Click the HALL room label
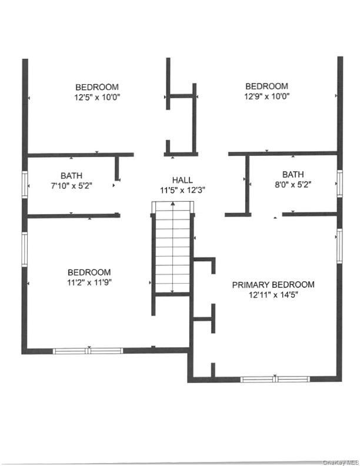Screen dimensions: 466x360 click(182, 180)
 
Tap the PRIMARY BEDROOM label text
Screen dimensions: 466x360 click(273, 285)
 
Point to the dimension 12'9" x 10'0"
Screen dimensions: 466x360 click(266, 96)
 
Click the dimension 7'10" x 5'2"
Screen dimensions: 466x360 click(71, 185)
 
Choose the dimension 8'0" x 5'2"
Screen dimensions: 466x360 click(292, 184)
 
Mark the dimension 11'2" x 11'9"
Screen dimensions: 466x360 click(89, 282)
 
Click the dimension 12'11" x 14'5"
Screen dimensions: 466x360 click(273, 295)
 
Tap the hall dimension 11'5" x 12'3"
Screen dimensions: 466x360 click(182, 190)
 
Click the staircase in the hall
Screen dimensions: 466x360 click(172, 247)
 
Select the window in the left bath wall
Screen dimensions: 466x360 click(25, 183)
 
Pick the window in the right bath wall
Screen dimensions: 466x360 click(339, 182)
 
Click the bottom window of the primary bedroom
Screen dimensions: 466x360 click(275, 380)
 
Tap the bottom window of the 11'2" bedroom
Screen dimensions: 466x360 click(88, 351)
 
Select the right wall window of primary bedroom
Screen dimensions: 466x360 click(339, 244)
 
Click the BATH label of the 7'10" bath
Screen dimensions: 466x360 click(71, 175)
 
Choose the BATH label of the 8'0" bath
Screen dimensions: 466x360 click(292, 174)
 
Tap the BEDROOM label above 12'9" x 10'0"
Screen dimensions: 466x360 click(266, 86)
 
